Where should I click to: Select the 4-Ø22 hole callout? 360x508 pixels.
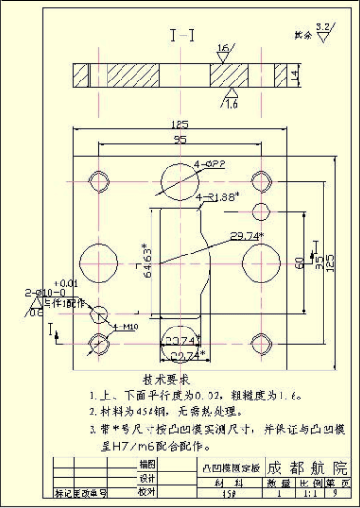pos(210,165)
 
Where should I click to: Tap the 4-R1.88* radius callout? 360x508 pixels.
pos(218,196)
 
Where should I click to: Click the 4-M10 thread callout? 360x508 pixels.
pos(127,327)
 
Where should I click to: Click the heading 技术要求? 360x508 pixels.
pos(166,381)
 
